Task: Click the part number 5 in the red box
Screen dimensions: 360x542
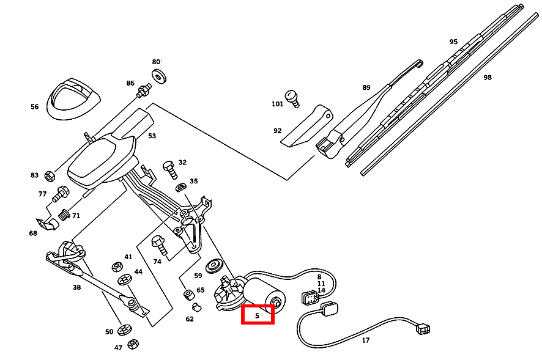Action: pyautogui.click(x=257, y=315)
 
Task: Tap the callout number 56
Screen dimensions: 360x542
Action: pyautogui.click(x=34, y=107)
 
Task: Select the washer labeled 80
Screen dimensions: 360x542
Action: pyautogui.click(x=161, y=77)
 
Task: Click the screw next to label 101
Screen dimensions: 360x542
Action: pyautogui.click(x=294, y=98)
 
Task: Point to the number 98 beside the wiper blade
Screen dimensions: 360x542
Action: pyautogui.click(x=487, y=78)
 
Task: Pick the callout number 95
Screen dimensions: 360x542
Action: pyautogui.click(x=453, y=42)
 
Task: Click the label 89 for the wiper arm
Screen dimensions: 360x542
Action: pyautogui.click(x=366, y=87)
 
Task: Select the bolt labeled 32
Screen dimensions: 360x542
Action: pyautogui.click(x=169, y=167)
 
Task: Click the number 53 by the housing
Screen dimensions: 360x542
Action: pyautogui.click(x=152, y=136)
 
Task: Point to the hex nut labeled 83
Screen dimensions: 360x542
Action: pyautogui.click(x=50, y=175)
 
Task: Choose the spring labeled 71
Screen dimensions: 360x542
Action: pyautogui.click(x=64, y=215)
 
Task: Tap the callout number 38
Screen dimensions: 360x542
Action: pyautogui.click(x=76, y=287)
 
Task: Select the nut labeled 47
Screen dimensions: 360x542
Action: pyautogui.click(x=133, y=344)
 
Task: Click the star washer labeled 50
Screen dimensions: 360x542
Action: pyautogui.click(x=125, y=329)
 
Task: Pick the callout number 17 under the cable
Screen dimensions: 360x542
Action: pyautogui.click(x=366, y=340)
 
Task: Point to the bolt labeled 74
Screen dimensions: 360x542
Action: pyautogui.click(x=160, y=244)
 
